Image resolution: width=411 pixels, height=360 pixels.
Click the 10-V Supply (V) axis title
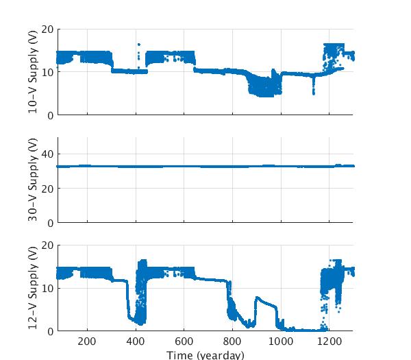tap(33, 72)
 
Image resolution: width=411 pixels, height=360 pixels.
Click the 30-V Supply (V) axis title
tap(33, 180)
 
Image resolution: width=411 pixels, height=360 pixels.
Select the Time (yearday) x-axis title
tap(205, 355)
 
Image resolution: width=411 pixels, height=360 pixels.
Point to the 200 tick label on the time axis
tap(87, 342)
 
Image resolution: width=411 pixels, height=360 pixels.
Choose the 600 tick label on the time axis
tap(184, 342)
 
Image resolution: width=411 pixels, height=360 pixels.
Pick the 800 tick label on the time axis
tap(232, 342)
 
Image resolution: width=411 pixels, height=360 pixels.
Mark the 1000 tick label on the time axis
tap(280, 342)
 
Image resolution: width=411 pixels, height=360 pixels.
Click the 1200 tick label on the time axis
tap(329, 342)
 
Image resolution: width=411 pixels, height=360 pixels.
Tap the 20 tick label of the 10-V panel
tap(47, 29)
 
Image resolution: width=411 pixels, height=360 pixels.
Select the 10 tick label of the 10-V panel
tap(47, 72)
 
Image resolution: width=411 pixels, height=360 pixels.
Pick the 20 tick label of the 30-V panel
tap(47, 189)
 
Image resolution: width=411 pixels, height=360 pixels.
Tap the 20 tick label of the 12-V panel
tap(47, 245)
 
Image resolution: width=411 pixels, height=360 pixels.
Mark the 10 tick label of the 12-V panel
tap(47, 288)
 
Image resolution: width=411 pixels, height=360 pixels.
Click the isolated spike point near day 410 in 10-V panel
tap(138, 45)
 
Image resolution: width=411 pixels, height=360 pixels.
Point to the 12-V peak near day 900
tap(257, 298)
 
